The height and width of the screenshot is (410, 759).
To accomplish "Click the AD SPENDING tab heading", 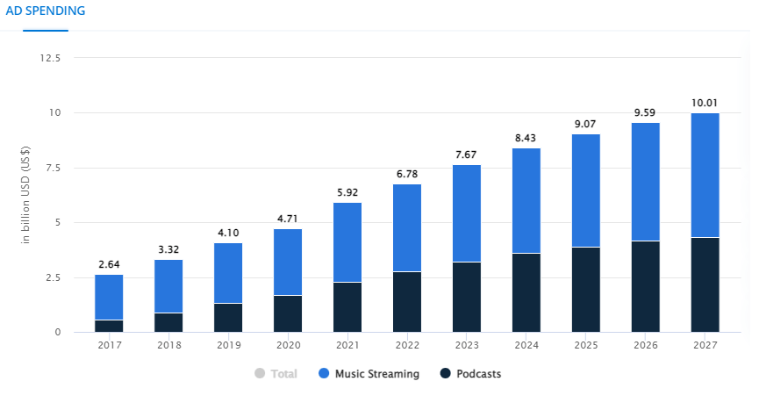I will coord(46,11).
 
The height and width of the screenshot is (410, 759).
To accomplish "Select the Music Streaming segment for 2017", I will coord(109,297).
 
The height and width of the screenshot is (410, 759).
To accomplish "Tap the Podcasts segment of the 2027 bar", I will coord(705,284).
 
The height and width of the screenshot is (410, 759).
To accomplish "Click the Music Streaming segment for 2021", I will coord(347,242).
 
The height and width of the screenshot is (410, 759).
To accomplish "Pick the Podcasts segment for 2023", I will coord(466,297).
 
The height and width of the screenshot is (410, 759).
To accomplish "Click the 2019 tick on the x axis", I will coord(228,345).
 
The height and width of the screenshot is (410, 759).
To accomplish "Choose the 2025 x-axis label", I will coord(585,345).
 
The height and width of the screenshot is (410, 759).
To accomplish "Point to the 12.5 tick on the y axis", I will coord(50,58).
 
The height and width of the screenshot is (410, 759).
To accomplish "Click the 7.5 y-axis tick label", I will coord(53,168).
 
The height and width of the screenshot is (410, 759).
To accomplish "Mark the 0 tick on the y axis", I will coord(58,332).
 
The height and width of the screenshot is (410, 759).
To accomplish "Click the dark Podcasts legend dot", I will coord(446,374).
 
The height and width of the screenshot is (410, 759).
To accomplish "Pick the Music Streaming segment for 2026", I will coord(645,182).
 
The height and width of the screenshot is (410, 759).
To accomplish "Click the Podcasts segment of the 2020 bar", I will coord(287,313).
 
